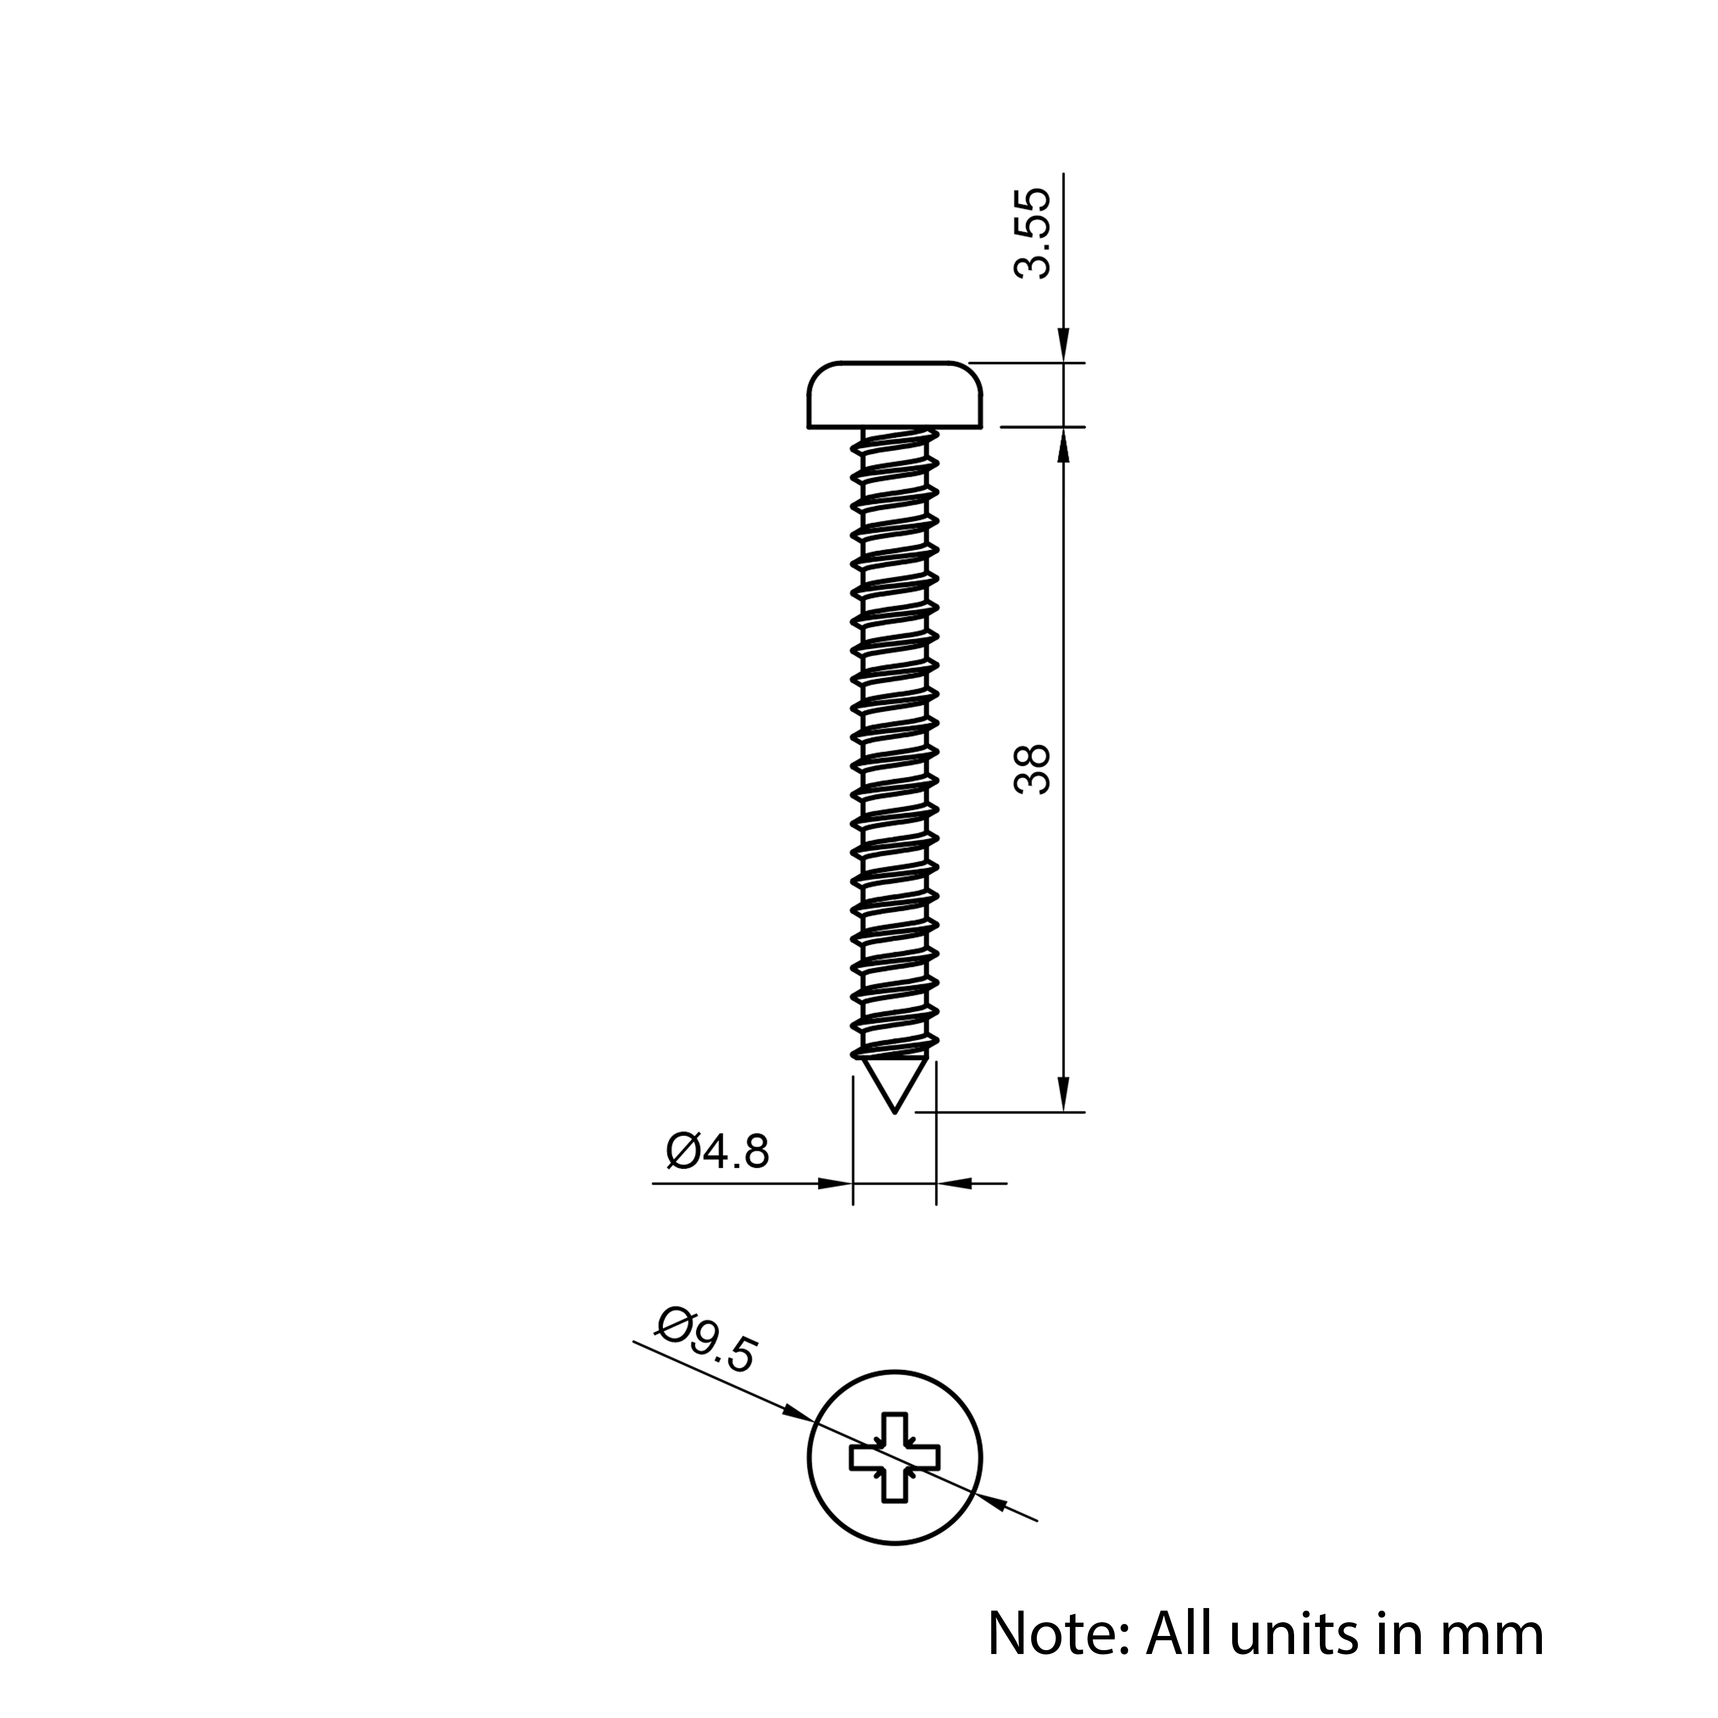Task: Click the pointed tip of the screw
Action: click(x=895, y=1112)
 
